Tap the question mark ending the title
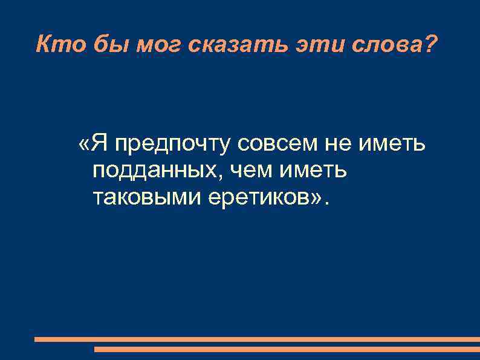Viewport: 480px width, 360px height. [428, 44]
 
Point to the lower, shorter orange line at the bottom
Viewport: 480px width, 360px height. [287, 349]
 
